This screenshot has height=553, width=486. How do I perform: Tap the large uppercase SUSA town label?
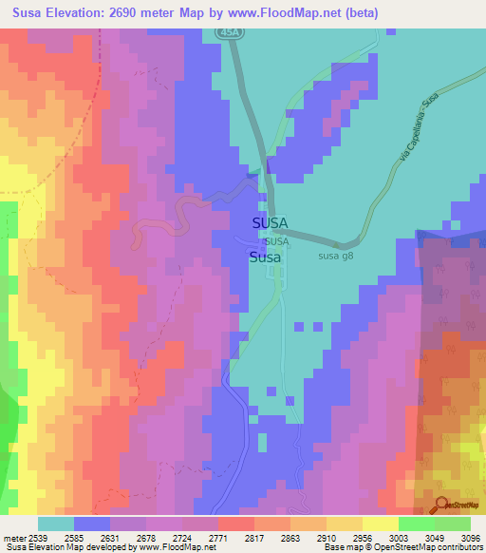point(271,223)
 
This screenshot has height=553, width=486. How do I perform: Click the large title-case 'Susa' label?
point(265,257)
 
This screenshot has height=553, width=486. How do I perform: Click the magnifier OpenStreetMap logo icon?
point(440,504)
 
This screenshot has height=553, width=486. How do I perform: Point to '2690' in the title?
point(126,13)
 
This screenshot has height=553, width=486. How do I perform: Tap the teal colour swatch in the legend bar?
point(55,524)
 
